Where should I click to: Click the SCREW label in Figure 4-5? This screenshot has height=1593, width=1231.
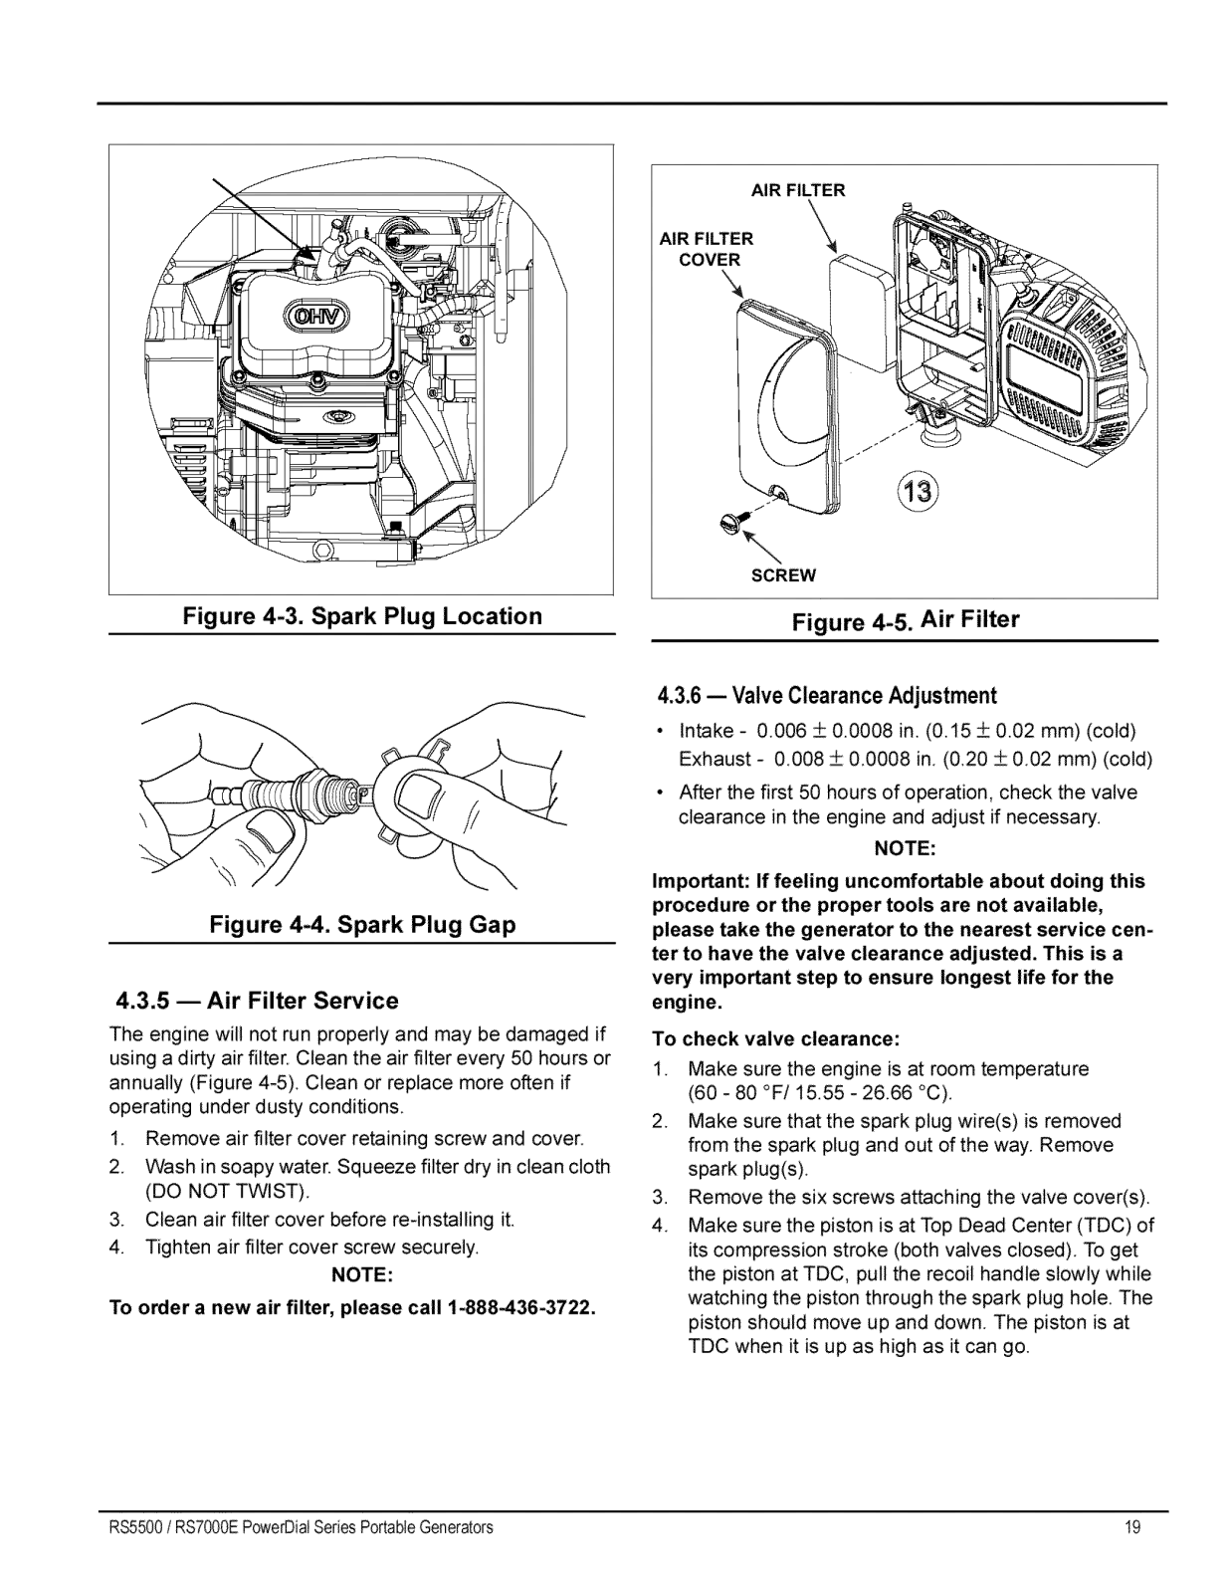(783, 575)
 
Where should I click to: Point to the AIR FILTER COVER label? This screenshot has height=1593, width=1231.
(707, 249)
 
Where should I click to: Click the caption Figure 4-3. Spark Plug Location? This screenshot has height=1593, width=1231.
(362, 616)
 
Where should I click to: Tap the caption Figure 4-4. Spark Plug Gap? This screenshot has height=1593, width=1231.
(362, 925)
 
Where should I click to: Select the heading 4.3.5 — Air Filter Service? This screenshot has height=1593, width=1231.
(257, 1001)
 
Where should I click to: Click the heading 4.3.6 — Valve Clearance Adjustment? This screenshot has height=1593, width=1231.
(826, 695)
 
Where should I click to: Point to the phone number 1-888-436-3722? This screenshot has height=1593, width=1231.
(523, 1307)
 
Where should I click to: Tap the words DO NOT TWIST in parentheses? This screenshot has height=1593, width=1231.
(227, 1192)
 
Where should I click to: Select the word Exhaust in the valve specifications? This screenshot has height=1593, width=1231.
(714, 760)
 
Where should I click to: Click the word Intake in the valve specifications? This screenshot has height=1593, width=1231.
(706, 731)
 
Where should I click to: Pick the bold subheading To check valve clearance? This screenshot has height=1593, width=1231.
(776, 1039)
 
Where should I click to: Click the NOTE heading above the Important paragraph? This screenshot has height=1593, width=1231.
(904, 849)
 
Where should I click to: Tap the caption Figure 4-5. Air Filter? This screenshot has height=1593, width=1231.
(905, 621)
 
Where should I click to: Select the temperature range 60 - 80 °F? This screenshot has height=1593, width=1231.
(747, 1093)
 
